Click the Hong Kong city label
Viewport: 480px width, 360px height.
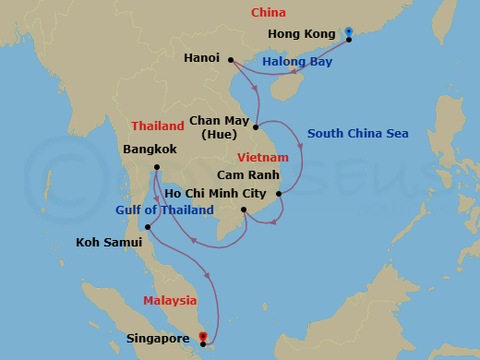tap(301, 34)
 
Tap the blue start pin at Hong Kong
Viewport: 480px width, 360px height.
tap(349, 32)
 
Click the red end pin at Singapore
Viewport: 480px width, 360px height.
tap(202, 337)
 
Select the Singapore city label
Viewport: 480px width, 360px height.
tap(158, 340)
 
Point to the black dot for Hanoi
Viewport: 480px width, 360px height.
tap(228, 64)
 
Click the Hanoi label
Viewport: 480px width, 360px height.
tap(202, 57)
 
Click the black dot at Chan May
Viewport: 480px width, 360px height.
tap(256, 126)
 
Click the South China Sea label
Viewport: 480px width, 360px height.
tap(357, 134)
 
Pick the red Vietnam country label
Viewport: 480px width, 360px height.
tap(262, 158)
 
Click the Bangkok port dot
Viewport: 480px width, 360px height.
tap(156, 167)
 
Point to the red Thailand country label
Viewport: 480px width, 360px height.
tap(157, 126)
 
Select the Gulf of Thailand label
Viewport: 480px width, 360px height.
tap(164, 210)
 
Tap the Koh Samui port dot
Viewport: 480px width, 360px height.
tap(148, 226)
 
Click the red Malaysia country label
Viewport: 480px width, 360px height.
tap(170, 300)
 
